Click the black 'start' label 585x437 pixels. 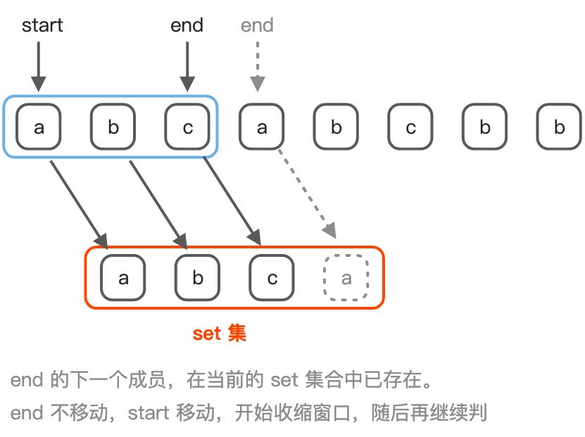[x=42, y=26]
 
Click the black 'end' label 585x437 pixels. [x=187, y=26]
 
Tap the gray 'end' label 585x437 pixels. [x=257, y=26]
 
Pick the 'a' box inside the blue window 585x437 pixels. [x=39, y=127]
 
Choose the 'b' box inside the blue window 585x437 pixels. [x=113, y=127]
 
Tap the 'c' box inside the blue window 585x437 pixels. [x=187, y=127]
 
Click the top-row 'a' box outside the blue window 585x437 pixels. [x=262, y=127]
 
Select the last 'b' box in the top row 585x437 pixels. [x=559, y=127]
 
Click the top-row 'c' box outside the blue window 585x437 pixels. [x=410, y=127]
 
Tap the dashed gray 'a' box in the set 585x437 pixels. [x=346, y=277]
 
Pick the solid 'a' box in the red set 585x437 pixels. [x=123, y=277]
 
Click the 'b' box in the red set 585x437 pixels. [x=197, y=277]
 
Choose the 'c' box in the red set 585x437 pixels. [x=272, y=277]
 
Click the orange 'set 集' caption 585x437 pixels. [x=220, y=333]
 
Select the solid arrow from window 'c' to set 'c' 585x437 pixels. [x=232, y=201]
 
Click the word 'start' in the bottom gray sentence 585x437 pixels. [x=149, y=412]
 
